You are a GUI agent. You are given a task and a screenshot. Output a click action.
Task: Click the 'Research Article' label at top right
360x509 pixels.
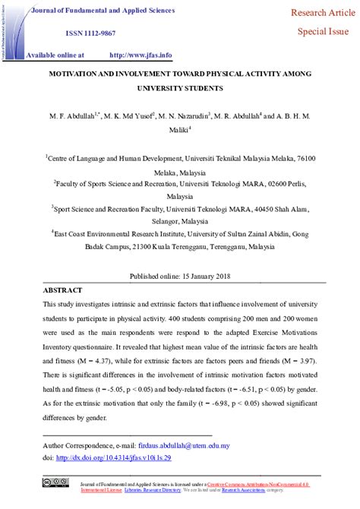tap(319, 13)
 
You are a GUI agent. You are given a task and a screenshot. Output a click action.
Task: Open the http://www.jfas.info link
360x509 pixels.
tap(141, 55)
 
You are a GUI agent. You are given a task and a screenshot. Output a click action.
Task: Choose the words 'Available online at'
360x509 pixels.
tap(55, 55)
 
